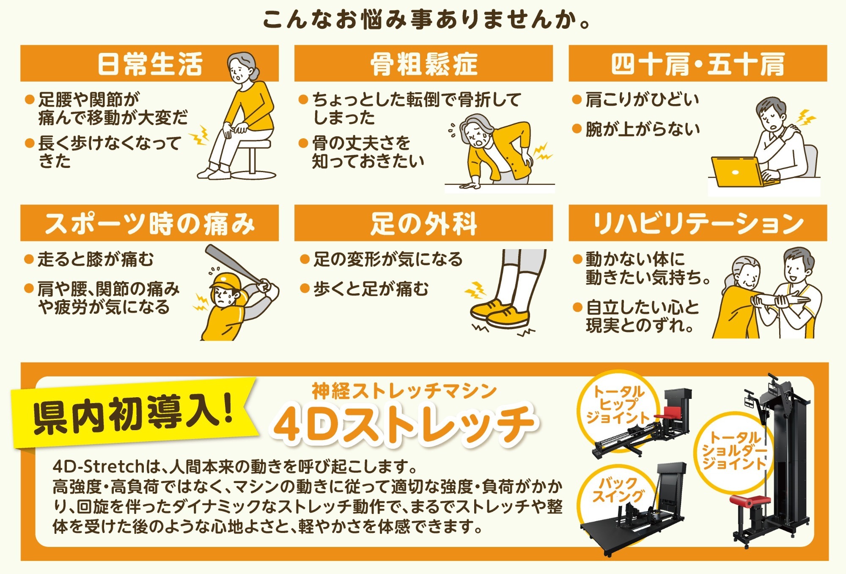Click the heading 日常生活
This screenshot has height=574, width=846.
pos(150,64)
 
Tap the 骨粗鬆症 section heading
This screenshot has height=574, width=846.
pos(424,64)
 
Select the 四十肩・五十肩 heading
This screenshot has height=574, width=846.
pos(698,64)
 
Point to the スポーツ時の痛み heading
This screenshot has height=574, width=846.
pos(150,223)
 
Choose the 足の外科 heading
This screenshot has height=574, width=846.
pos(424,223)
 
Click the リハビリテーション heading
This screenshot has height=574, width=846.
pos(698,223)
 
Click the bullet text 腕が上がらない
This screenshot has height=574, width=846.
pos(642,129)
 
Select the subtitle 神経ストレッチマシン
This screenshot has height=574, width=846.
pos(404,390)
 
